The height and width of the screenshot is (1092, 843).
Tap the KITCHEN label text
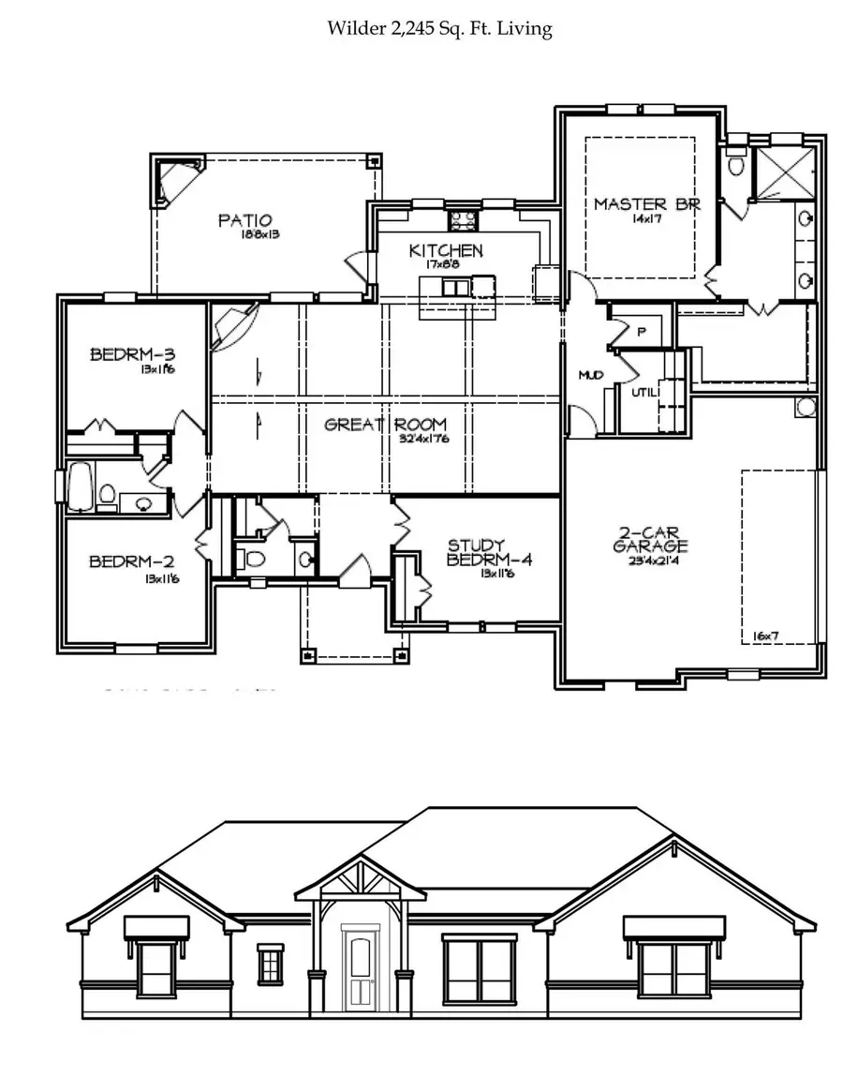[x=446, y=250]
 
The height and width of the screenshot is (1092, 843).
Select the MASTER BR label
[x=646, y=204]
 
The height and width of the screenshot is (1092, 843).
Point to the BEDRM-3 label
[x=133, y=354]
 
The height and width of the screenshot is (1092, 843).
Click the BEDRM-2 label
[x=132, y=562]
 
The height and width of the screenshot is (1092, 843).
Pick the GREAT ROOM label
[x=385, y=425]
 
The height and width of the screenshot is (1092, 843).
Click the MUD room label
[x=589, y=375]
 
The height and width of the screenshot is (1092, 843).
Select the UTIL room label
[x=643, y=392]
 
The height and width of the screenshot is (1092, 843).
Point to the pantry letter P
[x=642, y=331]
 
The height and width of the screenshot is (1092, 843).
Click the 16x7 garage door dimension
[x=765, y=636]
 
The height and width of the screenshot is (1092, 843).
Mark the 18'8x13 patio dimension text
[x=260, y=234]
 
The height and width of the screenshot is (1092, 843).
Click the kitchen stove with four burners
[x=463, y=221]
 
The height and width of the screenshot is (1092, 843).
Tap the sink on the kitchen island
[x=456, y=287]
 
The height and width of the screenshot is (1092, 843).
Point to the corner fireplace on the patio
[x=174, y=180]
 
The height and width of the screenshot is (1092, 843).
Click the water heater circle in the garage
[x=805, y=408]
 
